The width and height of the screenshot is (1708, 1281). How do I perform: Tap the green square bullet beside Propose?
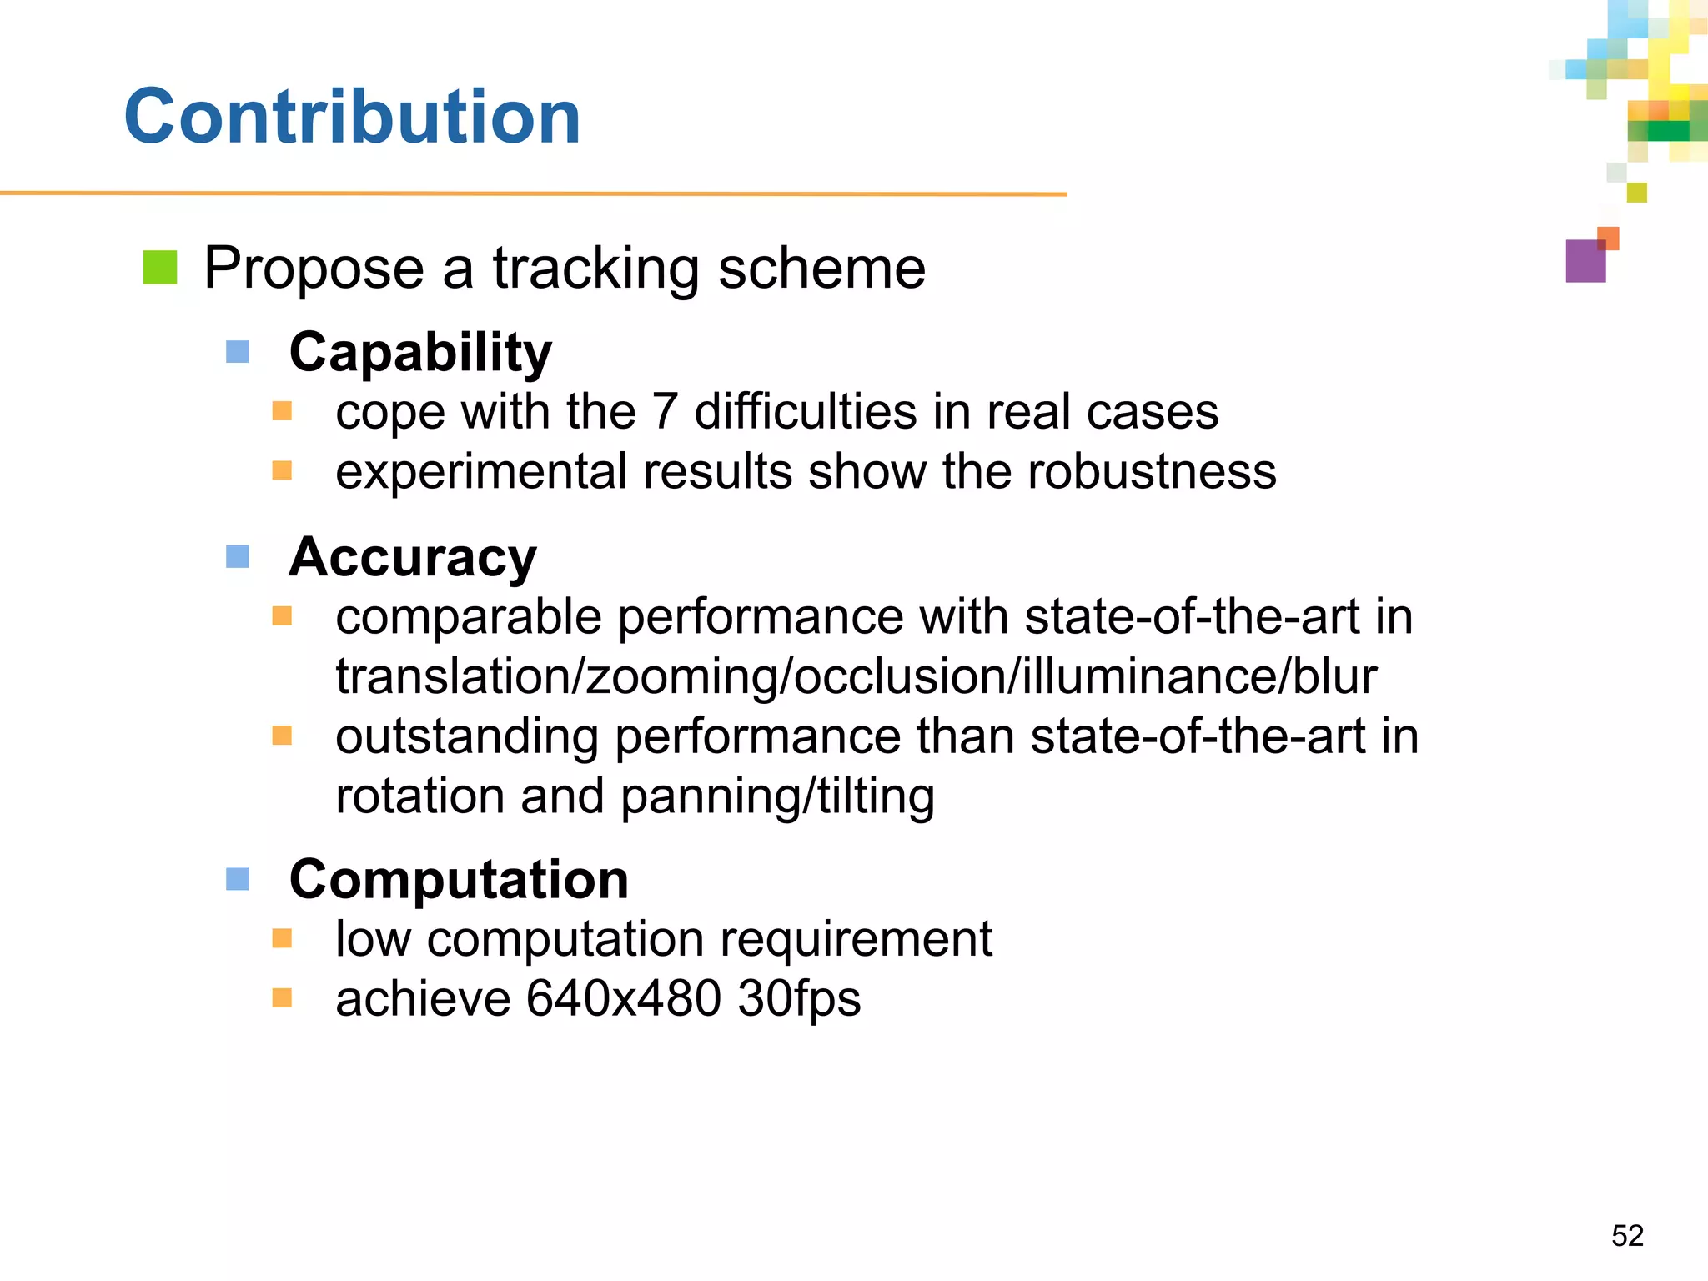pyautogui.click(x=160, y=268)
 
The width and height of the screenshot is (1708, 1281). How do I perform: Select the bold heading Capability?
pyautogui.click(x=420, y=352)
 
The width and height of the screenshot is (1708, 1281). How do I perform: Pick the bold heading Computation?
pyautogui.click(x=459, y=879)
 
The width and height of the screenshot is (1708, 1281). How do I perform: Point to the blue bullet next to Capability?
pyautogui.click(x=238, y=352)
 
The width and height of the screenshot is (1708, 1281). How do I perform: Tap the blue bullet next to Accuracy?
pyautogui.click(x=238, y=556)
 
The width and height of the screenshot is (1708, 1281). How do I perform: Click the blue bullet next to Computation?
pyautogui.click(x=238, y=879)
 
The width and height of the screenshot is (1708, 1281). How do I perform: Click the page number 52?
pyautogui.click(x=1627, y=1235)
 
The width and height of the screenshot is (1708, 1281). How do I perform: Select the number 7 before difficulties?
pyautogui.click(x=664, y=412)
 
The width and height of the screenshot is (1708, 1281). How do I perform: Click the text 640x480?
pyautogui.click(x=623, y=998)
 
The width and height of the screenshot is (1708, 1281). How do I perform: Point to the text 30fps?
pyautogui.click(x=799, y=998)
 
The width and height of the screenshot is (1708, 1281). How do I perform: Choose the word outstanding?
pyautogui.click(x=467, y=737)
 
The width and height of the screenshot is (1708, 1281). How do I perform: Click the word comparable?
pyautogui.click(x=469, y=618)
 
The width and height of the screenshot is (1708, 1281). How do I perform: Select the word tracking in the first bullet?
pyautogui.click(x=595, y=269)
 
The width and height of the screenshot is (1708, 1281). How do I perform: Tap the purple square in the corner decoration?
pyautogui.click(x=1585, y=261)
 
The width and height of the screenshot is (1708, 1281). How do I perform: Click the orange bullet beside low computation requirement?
pyautogui.click(x=283, y=939)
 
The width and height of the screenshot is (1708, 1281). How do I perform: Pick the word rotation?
pyautogui.click(x=419, y=796)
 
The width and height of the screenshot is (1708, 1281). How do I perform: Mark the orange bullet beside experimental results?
pyautogui.click(x=283, y=471)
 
